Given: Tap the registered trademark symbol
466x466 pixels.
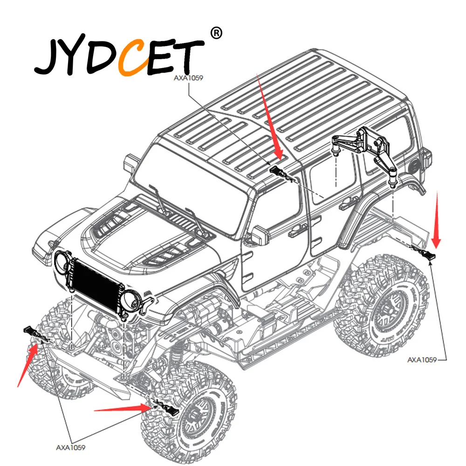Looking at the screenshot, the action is [216, 33].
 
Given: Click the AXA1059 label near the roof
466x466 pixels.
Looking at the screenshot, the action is [188, 78].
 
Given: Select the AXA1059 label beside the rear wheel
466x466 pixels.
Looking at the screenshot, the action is [422, 360].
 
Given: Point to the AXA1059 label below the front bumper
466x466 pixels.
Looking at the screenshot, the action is [71, 447].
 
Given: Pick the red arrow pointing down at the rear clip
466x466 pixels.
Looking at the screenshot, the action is [437, 220].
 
